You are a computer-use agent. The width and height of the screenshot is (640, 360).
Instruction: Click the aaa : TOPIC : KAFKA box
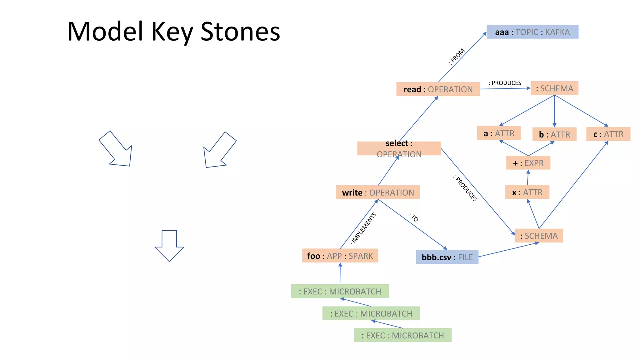point(532,32)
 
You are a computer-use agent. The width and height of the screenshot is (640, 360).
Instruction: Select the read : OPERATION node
point(438,89)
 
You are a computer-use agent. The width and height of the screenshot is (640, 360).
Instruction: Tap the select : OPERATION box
point(399,148)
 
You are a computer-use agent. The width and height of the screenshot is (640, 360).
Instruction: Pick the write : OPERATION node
point(378,192)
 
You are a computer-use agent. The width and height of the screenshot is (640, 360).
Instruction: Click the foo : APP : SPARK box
point(340,256)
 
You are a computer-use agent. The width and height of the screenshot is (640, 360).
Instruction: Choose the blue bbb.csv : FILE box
point(447,257)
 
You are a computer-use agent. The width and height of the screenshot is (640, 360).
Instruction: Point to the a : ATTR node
point(499,133)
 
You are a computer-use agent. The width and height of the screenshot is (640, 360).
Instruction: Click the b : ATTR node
point(554,134)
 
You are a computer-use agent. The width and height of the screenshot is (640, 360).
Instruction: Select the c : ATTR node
point(608,134)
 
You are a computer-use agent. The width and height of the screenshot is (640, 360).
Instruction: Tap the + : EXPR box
point(528,163)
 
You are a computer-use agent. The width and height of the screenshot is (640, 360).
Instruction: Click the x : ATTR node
point(527,192)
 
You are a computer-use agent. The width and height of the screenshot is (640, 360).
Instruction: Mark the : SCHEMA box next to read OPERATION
point(554,88)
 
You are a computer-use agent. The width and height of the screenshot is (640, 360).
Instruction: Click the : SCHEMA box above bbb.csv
point(539,236)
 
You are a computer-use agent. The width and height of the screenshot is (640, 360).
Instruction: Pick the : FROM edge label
point(457,56)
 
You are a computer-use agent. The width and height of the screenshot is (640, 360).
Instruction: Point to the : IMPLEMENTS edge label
point(363,228)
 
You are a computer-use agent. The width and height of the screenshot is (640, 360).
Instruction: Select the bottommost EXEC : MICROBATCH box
point(402,335)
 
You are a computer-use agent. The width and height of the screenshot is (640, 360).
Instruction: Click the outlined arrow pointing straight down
point(169,245)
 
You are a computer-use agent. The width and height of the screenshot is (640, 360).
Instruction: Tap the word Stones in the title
point(240,32)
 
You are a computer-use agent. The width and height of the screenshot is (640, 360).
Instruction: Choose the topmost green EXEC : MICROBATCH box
point(340,291)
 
